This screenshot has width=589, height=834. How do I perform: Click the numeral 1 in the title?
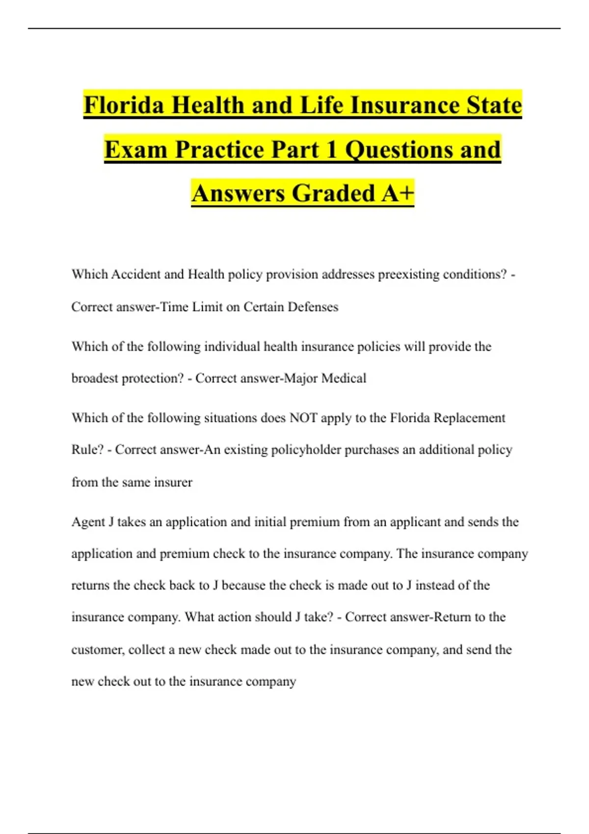(x=332, y=149)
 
